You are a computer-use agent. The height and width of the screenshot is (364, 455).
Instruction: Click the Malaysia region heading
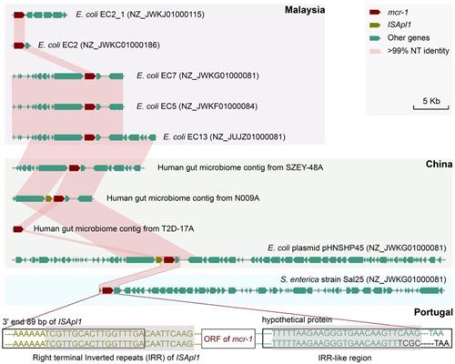[x=305, y=10]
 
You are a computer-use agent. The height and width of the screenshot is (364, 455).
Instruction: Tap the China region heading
[x=439, y=164]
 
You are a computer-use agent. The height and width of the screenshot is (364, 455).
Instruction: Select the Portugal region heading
[x=433, y=312]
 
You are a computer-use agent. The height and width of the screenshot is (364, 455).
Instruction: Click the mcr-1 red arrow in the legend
[x=375, y=12]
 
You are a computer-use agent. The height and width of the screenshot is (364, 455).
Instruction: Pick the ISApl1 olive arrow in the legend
[x=375, y=25]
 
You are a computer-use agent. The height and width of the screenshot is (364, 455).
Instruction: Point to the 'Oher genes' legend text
[x=409, y=38]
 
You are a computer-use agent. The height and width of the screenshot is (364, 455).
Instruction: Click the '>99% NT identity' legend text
[x=418, y=51]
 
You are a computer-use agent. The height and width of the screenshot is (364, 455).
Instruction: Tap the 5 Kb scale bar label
[x=431, y=101]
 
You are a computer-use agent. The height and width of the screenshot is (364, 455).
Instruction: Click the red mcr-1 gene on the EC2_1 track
[x=19, y=15]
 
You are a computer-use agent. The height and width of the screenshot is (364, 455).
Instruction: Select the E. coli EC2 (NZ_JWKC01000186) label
[x=99, y=45]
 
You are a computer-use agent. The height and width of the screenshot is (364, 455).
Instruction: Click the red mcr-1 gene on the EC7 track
[x=90, y=76]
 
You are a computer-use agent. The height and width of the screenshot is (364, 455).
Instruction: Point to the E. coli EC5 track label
[x=197, y=106]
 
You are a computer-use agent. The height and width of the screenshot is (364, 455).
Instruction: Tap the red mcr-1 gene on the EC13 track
[x=90, y=137]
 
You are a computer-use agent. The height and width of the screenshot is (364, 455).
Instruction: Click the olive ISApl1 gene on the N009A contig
[x=49, y=198]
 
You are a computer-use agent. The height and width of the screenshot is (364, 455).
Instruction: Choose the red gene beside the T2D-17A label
[x=18, y=229]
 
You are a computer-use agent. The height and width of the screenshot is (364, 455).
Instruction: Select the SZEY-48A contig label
[x=240, y=167]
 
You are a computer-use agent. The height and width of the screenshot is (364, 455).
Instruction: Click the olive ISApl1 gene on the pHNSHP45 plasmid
[x=159, y=259]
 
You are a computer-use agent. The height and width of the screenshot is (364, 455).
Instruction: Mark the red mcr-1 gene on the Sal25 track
[x=107, y=290]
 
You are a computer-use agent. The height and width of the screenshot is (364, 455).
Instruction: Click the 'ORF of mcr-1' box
[x=228, y=339]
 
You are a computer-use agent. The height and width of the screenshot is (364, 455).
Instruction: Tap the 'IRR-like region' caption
[x=345, y=358]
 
